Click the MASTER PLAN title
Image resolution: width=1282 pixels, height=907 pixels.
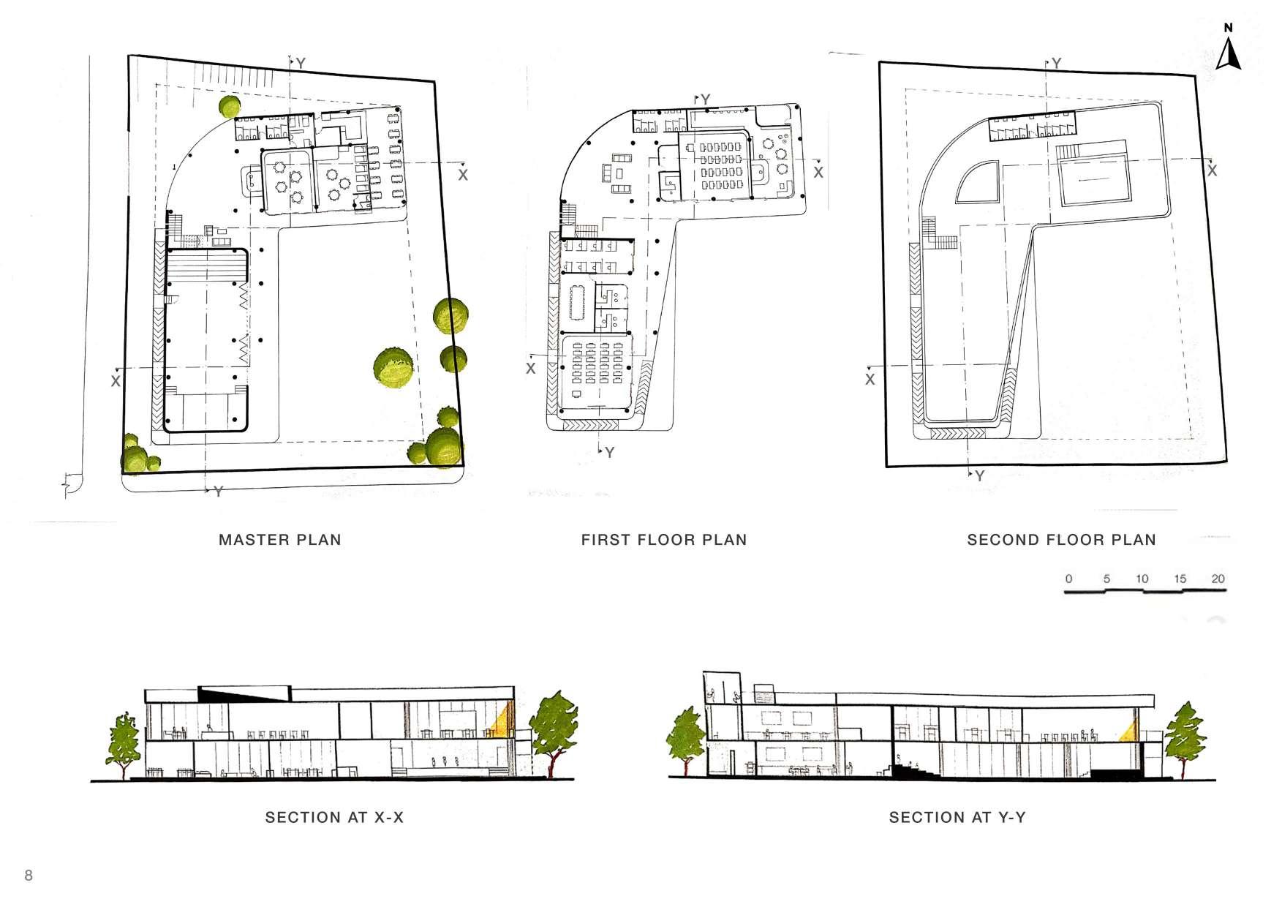[280, 541]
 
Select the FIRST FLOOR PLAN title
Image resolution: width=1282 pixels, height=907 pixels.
[664, 541]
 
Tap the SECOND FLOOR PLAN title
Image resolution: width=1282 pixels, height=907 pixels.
[1061, 541]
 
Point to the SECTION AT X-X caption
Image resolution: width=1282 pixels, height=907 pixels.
[334, 817]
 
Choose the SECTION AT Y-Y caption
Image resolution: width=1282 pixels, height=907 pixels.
[957, 817]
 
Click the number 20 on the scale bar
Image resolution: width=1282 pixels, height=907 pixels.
[1218, 579]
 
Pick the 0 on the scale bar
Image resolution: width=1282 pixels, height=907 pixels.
[1068, 579]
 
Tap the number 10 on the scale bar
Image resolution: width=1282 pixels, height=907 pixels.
[1142, 579]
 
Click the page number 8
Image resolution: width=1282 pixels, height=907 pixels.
[29, 876]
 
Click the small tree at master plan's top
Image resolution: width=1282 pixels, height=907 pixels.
[230, 107]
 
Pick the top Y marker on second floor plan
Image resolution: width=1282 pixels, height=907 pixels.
[1056, 64]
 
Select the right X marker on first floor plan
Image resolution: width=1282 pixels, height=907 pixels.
[818, 173]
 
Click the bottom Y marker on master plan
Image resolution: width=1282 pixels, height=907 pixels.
[217, 492]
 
